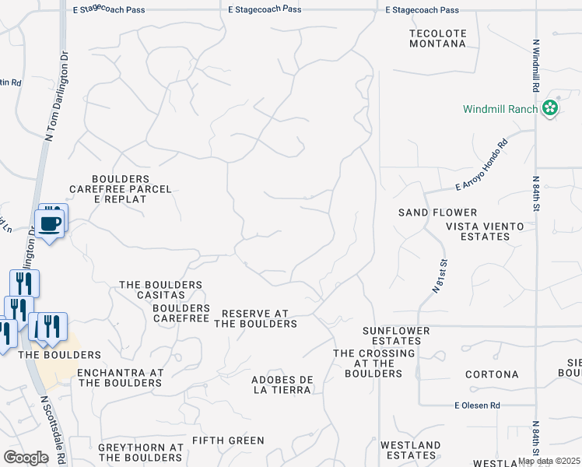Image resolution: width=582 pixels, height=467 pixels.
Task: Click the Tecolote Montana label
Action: tap(437, 38)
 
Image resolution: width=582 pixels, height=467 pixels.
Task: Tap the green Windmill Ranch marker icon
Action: tap(551, 108)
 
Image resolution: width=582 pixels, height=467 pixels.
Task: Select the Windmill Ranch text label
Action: tap(500, 109)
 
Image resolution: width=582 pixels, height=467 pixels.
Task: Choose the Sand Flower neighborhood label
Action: tap(437, 212)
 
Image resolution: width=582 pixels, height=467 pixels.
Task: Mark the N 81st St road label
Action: tap(440, 277)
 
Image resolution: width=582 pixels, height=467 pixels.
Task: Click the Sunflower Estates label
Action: tap(396, 335)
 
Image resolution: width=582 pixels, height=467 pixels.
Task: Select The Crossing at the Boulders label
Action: tap(369, 363)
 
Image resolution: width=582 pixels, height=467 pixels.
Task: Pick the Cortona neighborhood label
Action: tap(492, 374)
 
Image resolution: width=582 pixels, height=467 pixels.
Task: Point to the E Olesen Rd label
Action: tap(477, 406)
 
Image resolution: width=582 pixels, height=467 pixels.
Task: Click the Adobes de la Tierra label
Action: tap(282, 385)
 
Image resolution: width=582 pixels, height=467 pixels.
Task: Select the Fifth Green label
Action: tap(228, 441)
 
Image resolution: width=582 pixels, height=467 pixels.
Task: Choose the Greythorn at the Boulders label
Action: tap(141, 452)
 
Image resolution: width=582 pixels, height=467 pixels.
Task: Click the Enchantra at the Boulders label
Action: tap(120, 377)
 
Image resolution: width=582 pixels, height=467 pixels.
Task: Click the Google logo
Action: tap(26, 458)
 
